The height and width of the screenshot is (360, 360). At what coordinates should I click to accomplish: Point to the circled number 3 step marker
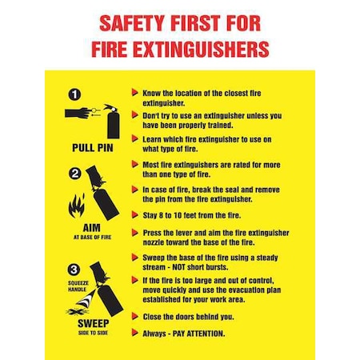click(74, 270)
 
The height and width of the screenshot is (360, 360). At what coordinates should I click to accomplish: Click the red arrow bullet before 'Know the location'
click(134, 92)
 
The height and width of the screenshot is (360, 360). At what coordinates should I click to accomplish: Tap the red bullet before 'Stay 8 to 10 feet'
click(134, 214)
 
